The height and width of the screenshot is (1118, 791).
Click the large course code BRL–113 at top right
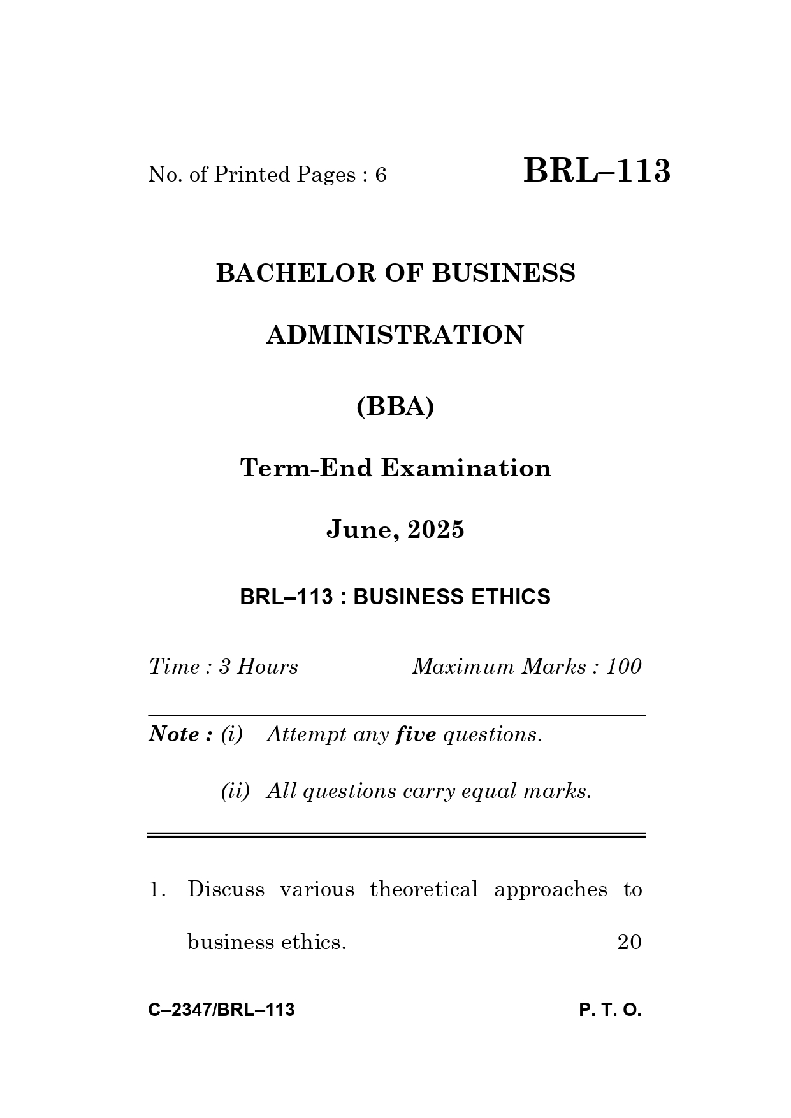point(597,171)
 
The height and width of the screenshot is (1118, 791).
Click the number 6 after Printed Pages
point(381,175)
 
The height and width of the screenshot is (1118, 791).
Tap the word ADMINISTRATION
point(395,335)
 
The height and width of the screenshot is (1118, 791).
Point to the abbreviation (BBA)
point(395,406)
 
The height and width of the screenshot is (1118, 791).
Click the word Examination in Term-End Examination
point(466,468)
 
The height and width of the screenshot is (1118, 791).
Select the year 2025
point(436,530)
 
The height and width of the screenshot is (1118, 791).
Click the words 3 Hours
point(258,667)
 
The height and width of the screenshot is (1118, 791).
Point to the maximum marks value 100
point(623,667)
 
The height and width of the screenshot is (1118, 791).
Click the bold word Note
point(177,734)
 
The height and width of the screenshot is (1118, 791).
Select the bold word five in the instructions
point(416,735)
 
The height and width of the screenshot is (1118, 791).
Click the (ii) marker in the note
point(235,791)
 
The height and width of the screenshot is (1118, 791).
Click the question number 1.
point(157,889)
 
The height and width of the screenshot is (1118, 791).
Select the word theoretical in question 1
point(424,889)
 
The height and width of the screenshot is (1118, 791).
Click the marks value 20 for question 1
point(629,942)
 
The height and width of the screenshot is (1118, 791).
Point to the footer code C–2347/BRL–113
point(221,1010)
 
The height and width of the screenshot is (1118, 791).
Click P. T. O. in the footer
point(610,1010)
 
